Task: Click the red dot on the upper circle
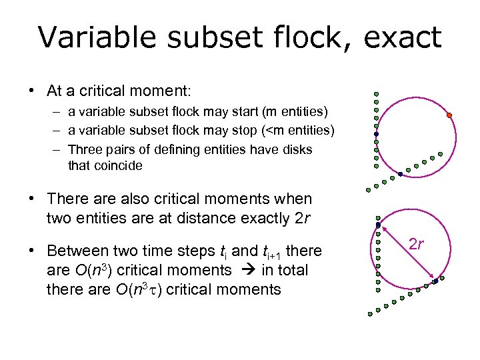point(449,115)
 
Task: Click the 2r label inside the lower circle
point(417,244)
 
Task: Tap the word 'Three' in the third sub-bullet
point(85,149)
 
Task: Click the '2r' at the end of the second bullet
point(303,218)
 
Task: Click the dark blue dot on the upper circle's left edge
point(376,134)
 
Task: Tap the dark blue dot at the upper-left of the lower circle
point(378,225)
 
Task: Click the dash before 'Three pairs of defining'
point(58,149)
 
